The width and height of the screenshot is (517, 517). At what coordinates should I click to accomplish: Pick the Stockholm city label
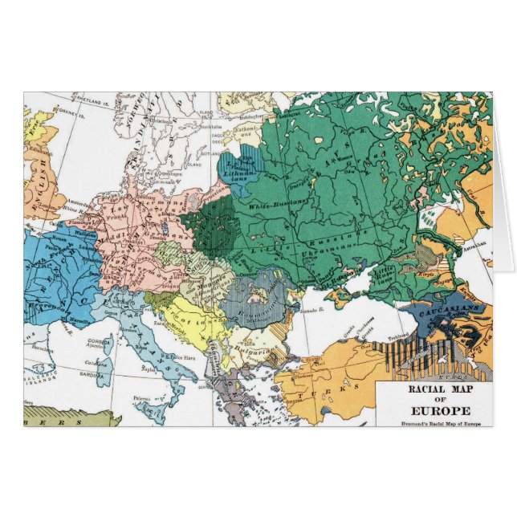pos(213,125)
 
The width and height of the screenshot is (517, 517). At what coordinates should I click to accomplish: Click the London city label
pos(47,206)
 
